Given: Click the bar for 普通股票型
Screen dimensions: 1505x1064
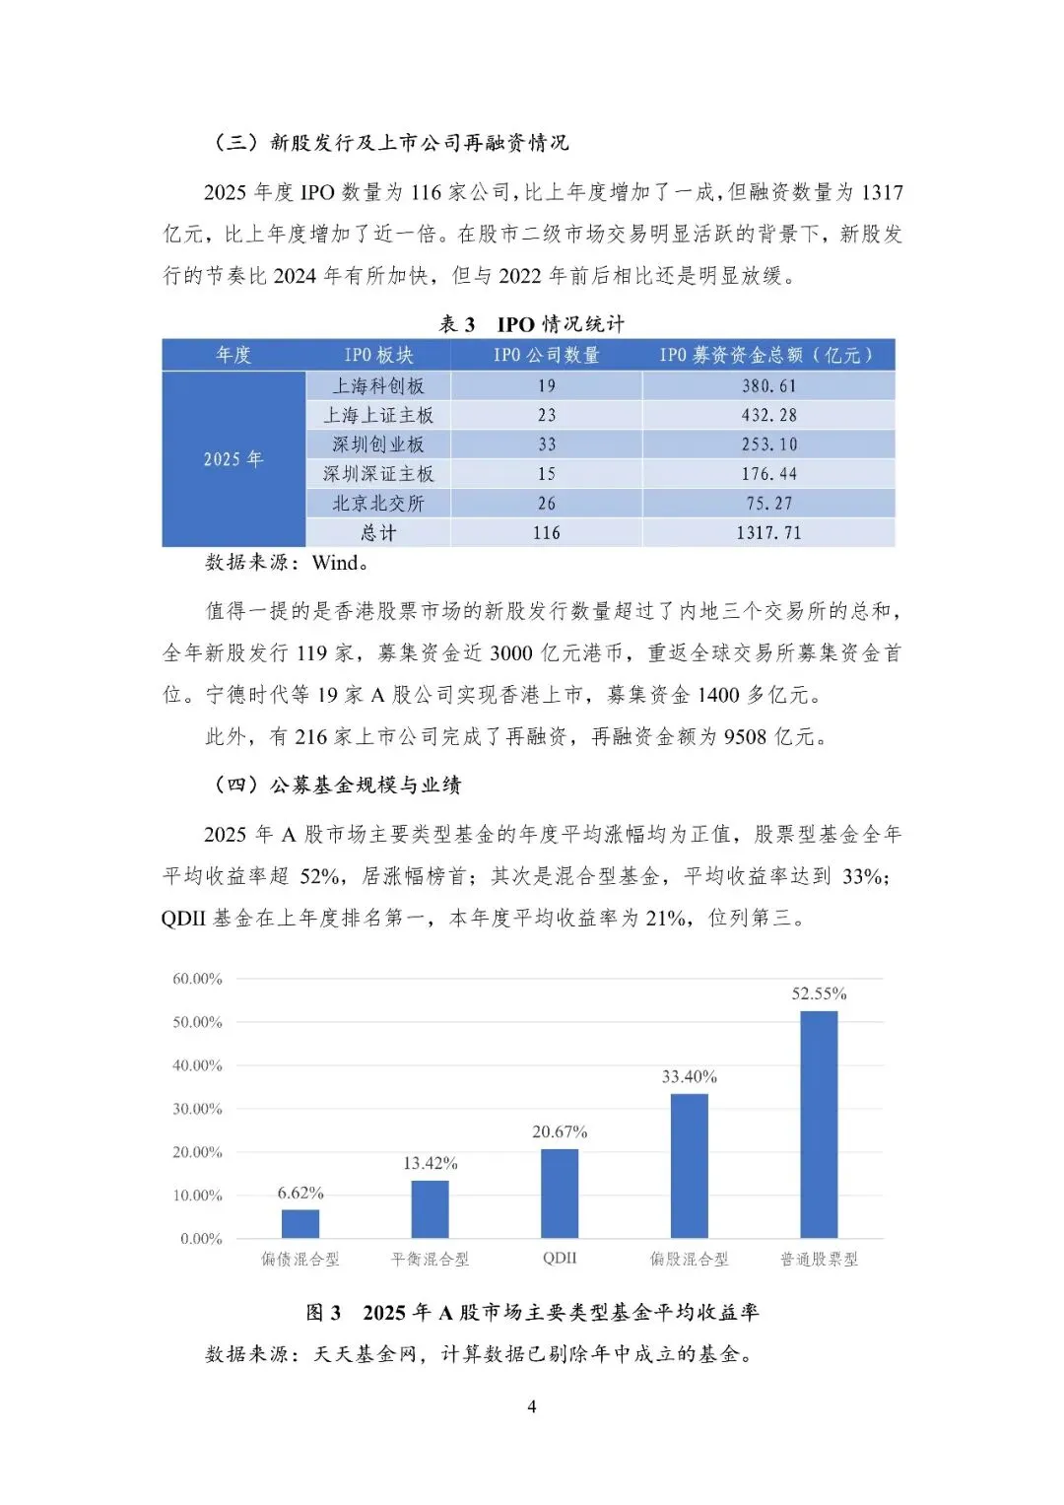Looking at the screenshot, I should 819,1124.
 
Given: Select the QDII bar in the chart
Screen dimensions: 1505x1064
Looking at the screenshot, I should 560,1193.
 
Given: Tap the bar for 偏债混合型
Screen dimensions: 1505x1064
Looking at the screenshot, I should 300,1223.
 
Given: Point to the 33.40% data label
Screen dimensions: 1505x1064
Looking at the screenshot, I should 689,1076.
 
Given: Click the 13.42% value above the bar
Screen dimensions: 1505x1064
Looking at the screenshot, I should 431,1163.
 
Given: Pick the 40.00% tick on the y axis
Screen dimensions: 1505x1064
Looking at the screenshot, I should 198,1065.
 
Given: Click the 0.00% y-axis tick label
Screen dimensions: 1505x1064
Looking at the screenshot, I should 202,1239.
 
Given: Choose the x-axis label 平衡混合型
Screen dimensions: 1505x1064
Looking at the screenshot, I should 431,1260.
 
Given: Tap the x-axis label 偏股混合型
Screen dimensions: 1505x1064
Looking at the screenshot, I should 689,1260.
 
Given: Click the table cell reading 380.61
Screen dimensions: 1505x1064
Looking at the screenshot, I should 768,385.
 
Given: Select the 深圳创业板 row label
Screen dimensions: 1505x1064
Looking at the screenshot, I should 378,445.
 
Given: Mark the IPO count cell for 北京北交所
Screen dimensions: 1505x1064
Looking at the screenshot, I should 547,504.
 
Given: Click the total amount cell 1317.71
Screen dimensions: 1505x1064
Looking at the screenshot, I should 768,533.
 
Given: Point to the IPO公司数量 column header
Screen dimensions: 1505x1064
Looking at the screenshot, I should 547,355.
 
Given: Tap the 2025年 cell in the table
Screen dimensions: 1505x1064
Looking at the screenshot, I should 233,459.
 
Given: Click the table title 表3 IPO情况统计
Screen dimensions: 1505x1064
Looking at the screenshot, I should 531,324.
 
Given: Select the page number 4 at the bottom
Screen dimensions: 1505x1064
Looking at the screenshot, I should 532,1406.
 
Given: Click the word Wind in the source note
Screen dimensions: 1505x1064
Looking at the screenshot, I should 335,563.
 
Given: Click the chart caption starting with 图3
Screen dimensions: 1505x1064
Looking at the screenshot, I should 532,1313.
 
